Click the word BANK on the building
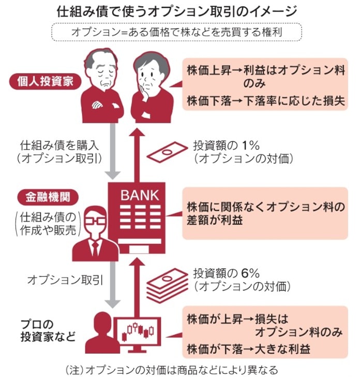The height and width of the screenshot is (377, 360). click(x=140, y=196)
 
